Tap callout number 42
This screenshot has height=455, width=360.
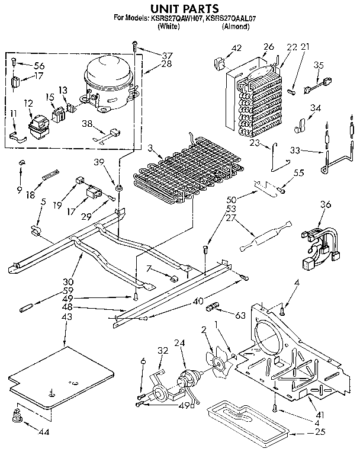[x=237, y=48]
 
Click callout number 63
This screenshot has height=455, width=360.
[x=239, y=316]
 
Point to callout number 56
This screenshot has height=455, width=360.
[x=39, y=66]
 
